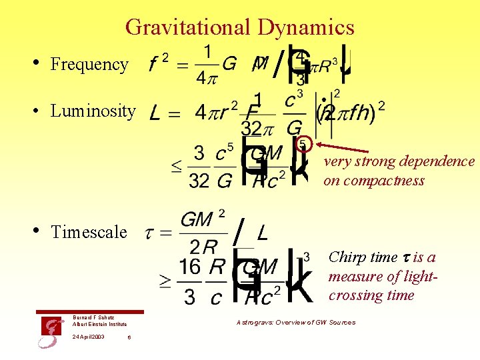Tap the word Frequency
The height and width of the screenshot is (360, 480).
89,65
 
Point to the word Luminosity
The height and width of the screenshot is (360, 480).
93,111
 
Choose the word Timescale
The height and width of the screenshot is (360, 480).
89,232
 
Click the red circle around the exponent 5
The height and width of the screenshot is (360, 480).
303,143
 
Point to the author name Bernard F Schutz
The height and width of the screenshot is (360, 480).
93,317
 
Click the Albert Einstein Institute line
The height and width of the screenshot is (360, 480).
99,324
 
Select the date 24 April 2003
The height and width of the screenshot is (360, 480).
89,337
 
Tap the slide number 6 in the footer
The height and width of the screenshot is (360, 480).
129,337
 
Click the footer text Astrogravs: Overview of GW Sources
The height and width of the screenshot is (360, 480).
296,323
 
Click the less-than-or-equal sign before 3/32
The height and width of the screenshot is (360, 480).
177,167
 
